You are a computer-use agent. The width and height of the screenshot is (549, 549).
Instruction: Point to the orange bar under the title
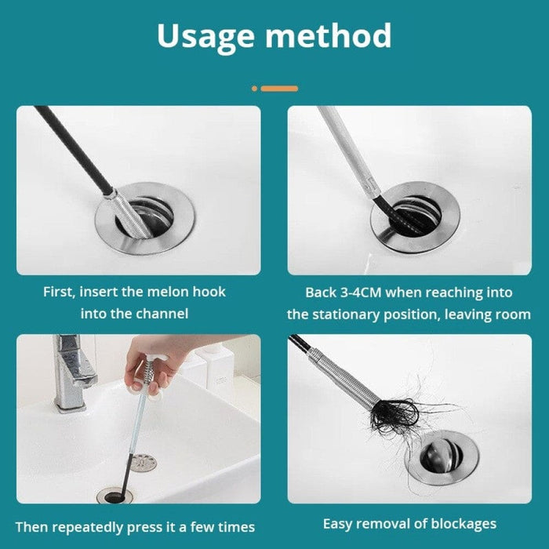click(278, 89)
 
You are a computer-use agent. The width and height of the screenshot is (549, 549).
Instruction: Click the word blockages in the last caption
click(463, 523)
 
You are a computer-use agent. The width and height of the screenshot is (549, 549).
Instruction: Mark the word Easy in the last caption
click(340, 523)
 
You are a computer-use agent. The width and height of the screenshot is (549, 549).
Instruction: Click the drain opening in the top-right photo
click(416, 216)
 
